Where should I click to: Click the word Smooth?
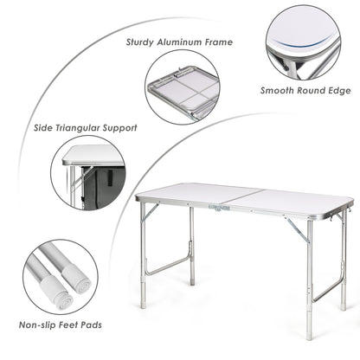tap(280, 89)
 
